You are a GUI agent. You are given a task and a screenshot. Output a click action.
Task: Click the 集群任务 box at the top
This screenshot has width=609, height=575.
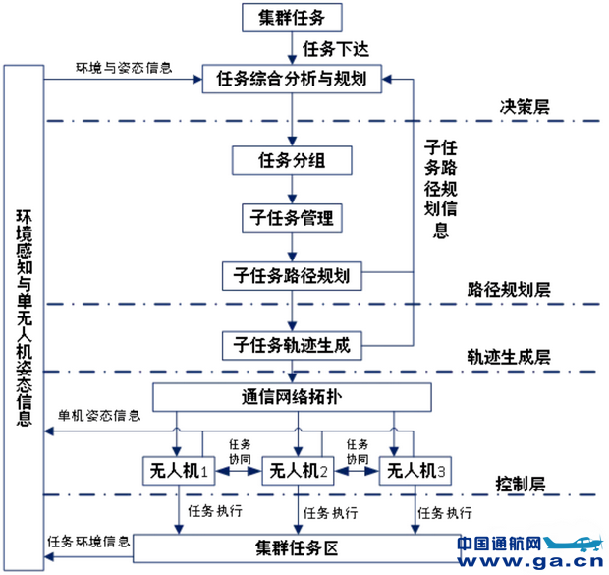[x=292, y=16]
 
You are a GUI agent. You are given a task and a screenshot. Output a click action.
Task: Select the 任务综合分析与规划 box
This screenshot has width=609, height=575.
[x=292, y=80]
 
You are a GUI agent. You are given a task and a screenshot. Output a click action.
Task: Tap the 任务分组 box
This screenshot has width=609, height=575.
[x=292, y=160]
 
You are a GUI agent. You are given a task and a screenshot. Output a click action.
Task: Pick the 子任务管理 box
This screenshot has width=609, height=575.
[x=292, y=217]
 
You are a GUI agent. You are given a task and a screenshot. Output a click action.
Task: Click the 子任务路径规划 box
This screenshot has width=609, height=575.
[x=292, y=274]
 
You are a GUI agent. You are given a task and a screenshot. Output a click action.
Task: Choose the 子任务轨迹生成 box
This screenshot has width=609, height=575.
[x=292, y=345]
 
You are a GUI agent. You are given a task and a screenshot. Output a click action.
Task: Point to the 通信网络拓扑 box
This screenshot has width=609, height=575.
[x=292, y=397]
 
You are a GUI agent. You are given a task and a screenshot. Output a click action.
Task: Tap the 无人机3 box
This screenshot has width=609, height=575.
[x=415, y=471]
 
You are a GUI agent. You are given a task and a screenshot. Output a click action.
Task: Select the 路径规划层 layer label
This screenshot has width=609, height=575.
[x=511, y=290]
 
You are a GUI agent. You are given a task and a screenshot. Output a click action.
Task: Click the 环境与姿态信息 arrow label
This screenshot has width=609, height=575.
[x=125, y=68]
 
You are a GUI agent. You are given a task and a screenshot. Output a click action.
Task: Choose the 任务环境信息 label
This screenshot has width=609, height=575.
[x=89, y=542]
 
